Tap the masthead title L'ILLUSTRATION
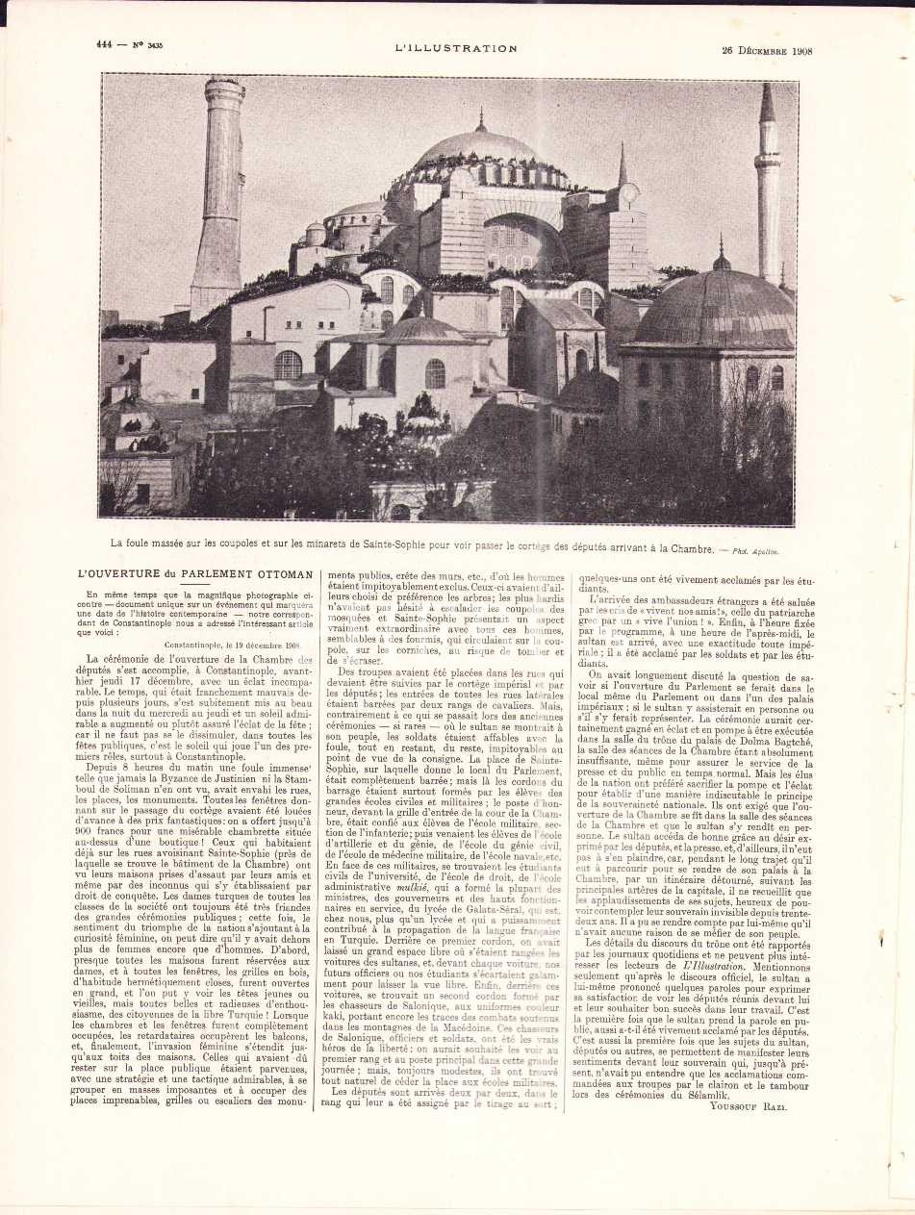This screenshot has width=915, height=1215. (455, 48)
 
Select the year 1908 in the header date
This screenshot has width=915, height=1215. (797, 51)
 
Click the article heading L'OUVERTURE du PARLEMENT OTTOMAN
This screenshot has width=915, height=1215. (195, 574)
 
